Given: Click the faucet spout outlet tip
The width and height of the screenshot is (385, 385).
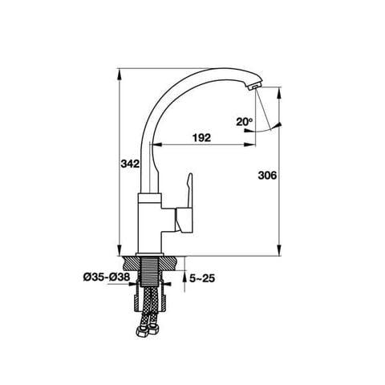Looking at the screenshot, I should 254,84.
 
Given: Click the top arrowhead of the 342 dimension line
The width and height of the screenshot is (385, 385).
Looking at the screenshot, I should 119,73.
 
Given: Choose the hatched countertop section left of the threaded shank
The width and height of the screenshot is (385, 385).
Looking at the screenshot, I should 131,261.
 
